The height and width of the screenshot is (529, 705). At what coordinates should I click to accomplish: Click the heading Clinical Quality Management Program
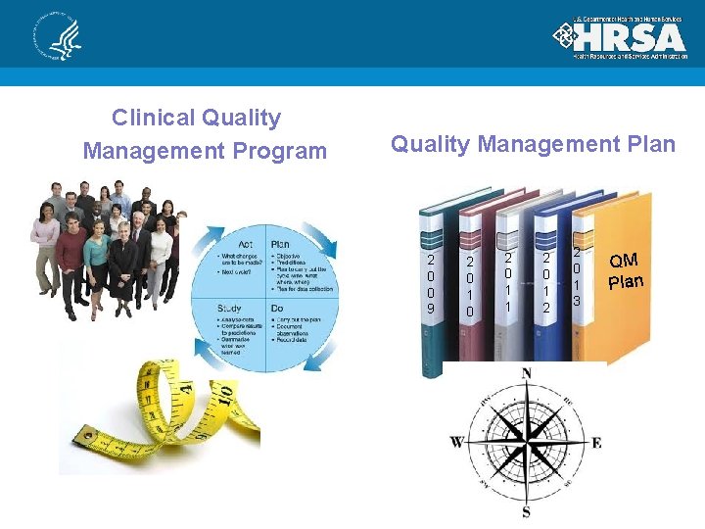coord(205,134)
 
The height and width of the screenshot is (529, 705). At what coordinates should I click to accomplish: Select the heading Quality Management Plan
coord(533,144)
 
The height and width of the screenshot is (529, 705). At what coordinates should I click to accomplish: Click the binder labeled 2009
coord(432,285)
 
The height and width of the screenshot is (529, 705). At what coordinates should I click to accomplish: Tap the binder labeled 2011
coord(508,283)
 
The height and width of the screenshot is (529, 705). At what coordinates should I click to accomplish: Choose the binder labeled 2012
coord(546,285)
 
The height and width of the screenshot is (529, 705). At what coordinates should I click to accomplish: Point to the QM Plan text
coord(625,270)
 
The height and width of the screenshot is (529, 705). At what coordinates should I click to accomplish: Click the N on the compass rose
coord(527,373)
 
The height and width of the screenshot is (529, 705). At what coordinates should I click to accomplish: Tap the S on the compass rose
coord(527,512)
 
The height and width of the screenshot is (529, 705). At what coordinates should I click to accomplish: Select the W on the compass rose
coord(456,442)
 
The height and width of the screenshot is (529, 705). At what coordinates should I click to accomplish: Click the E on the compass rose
coord(596,443)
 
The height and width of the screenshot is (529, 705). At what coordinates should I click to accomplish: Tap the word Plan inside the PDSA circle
coord(279,244)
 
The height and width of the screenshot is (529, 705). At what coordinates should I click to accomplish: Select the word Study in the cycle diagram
coord(228,309)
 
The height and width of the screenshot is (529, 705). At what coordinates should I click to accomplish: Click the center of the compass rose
coord(527,443)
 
